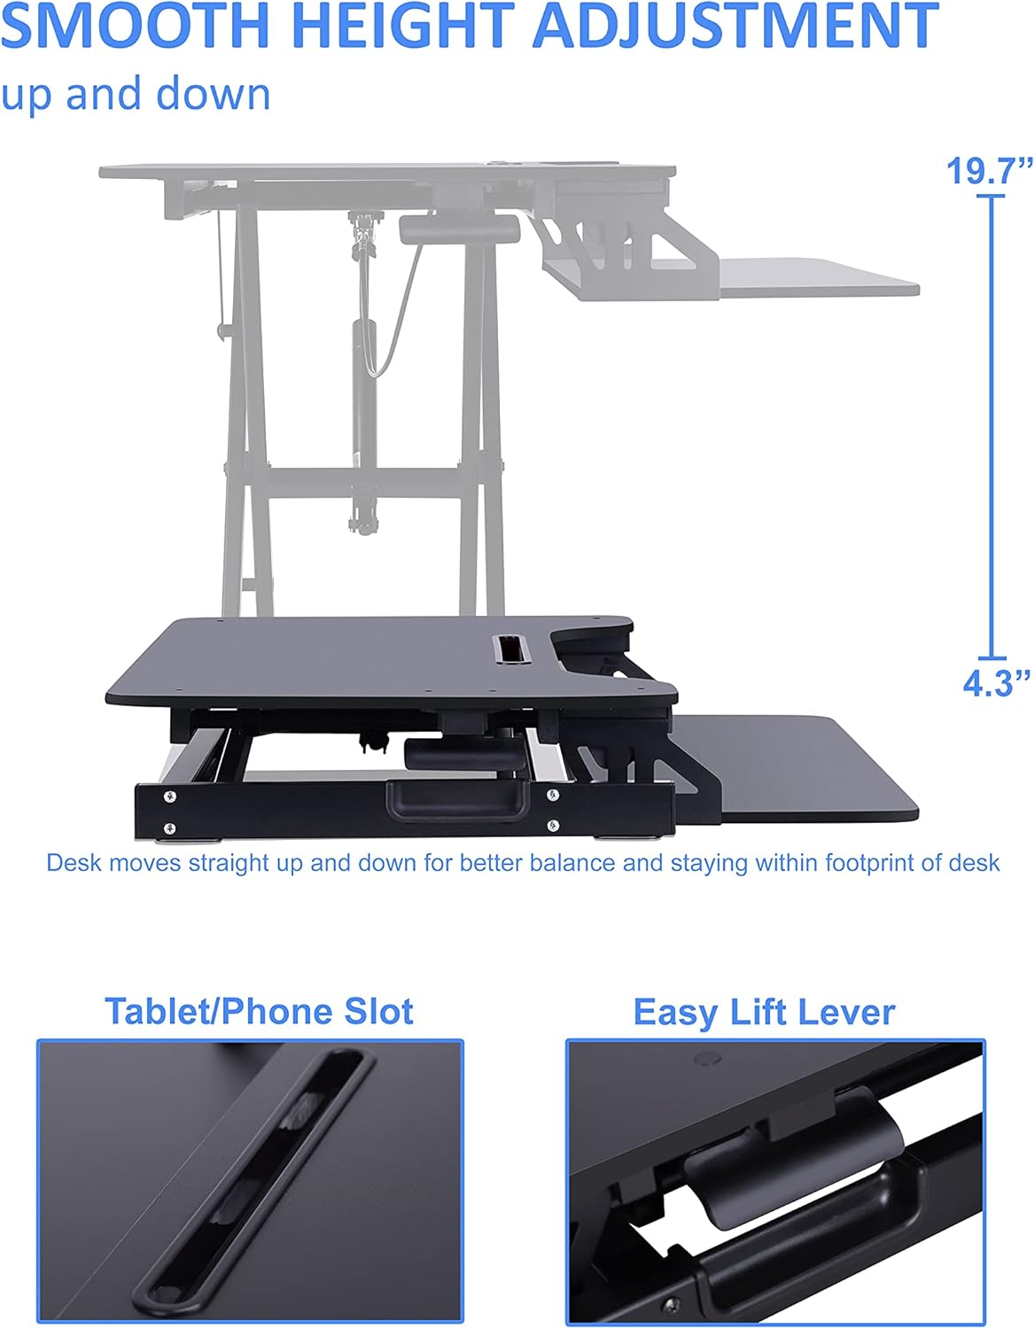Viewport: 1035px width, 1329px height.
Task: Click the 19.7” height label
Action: pos(989,170)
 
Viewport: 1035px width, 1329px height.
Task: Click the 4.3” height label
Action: pos(996,683)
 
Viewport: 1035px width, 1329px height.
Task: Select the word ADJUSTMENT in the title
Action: pos(735,26)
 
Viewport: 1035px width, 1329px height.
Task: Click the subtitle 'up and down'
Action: pos(136,94)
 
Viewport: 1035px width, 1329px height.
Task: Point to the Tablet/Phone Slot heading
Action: pos(259,1011)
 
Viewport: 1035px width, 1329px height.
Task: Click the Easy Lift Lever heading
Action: pos(764,1012)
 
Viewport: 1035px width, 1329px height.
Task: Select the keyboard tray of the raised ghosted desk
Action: pos(815,276)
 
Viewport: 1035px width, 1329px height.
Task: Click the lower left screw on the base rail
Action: pos(168,829)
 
